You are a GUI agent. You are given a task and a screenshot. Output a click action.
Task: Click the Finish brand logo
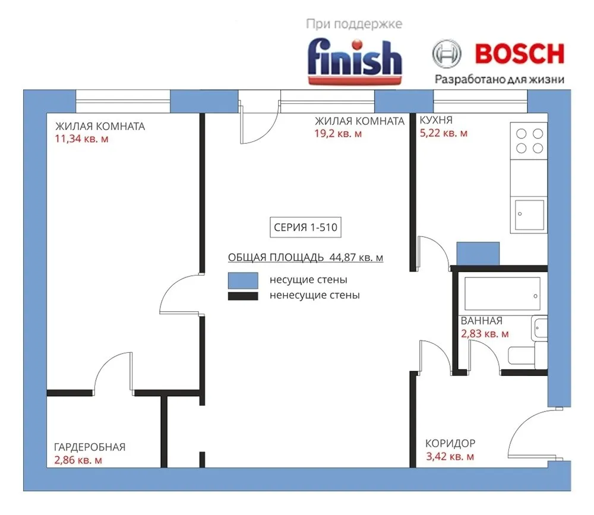coord(355,61)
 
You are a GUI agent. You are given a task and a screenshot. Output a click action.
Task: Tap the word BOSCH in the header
coord(519,54)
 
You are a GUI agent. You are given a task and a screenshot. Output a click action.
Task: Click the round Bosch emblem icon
coord(447,53)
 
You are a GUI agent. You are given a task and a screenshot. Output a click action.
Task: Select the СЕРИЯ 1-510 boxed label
coord(305,227)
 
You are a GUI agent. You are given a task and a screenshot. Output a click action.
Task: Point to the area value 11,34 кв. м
coord(81,138)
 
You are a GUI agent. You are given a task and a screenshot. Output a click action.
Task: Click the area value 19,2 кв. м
coord(338,134)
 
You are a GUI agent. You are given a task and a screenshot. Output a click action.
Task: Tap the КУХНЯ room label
coord(435,120)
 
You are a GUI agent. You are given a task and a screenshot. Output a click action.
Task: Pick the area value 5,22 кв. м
coord(444,133)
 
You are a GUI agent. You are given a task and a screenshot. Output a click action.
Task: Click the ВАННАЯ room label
coord(482,321)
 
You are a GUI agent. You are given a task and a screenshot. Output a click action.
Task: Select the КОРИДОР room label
coord(450,443)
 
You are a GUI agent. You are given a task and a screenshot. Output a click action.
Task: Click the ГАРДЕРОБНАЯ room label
coord(90,447)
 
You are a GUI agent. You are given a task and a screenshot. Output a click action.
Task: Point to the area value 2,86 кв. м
coord(78,460)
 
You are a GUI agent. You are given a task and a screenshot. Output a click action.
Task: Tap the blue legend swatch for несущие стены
coord(243,280)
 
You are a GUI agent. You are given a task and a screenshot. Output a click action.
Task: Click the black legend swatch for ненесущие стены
coord(243,296)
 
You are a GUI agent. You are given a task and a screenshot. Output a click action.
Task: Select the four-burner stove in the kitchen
coord(529,141)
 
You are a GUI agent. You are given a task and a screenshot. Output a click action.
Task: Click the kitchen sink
coord(529,214)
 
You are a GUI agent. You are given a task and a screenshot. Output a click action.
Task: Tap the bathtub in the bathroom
coord(503,293)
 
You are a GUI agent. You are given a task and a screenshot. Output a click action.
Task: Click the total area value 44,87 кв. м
coord(356,257)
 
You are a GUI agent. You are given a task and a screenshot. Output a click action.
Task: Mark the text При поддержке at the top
coord(354,24)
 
